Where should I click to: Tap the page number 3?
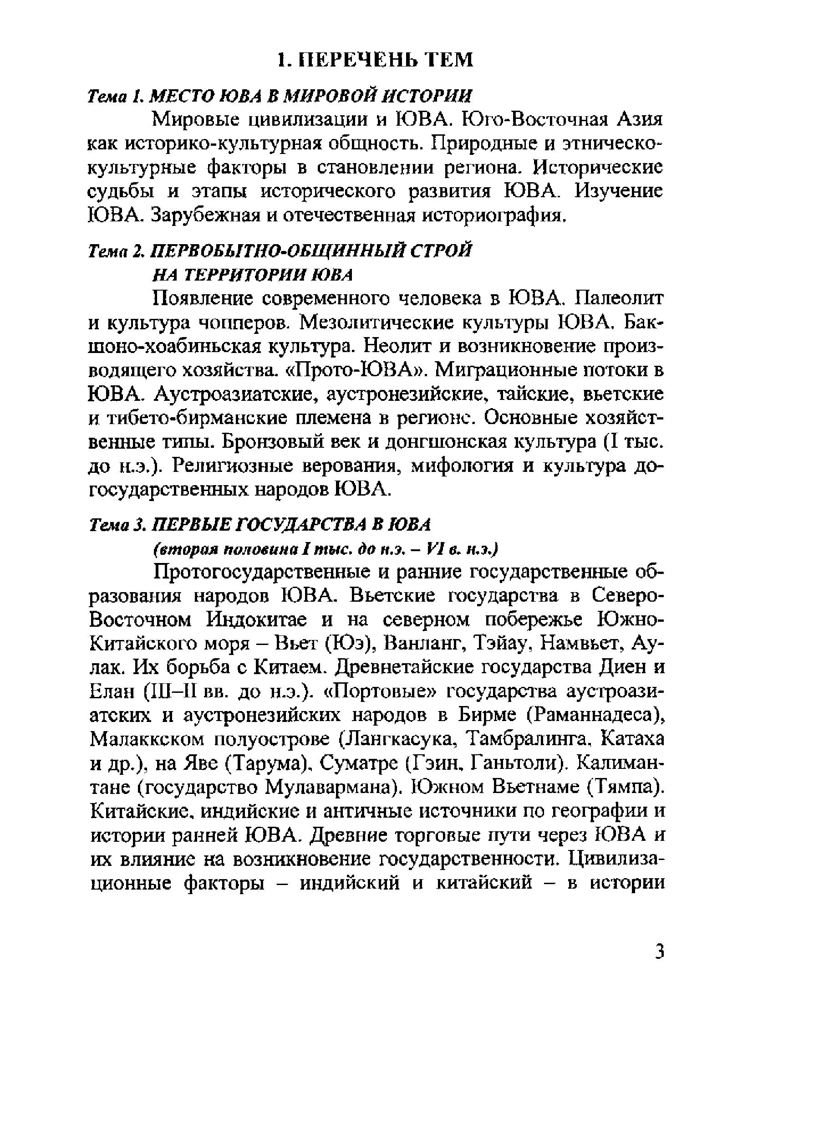(x=660, y=952)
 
